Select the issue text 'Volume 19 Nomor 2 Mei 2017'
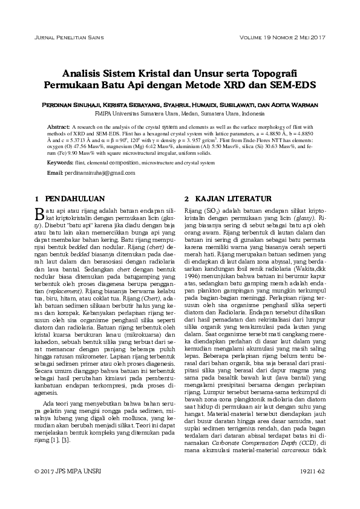coord(282,39)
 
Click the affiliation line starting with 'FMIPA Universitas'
coord(180,113)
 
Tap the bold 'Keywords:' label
coord(60,163)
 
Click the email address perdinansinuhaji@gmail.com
coord(100,173)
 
